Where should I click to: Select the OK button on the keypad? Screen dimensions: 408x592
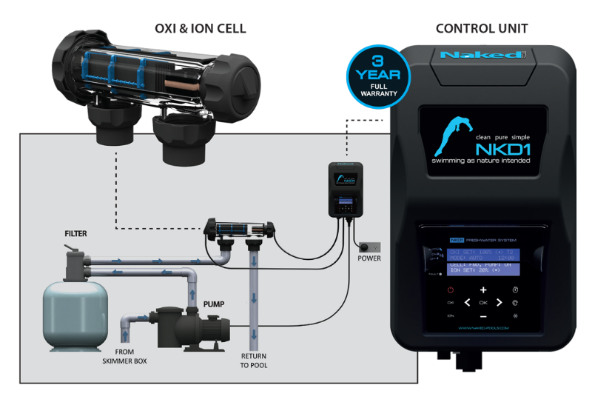pyautogui.click(x=483, y=302)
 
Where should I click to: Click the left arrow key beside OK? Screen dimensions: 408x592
pyautogui.click(x=467, y=302)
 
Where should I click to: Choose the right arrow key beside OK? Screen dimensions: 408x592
pyautogui.click(x=499, y=302)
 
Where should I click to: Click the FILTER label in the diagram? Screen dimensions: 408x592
pyautogui.click(x=75, y=234)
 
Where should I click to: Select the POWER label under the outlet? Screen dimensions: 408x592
pyautogui.click(x=369, y=258)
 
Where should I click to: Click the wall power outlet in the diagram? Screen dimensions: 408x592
pyautogui.click(x=369, y=245)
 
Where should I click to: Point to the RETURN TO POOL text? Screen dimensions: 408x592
pyautogui.click(x=254, y=361)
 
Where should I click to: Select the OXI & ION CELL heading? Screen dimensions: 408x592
pyautogui.click(x=200, y=28)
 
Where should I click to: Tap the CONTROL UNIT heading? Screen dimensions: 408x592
pyautogui.click(x=481, y=28)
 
